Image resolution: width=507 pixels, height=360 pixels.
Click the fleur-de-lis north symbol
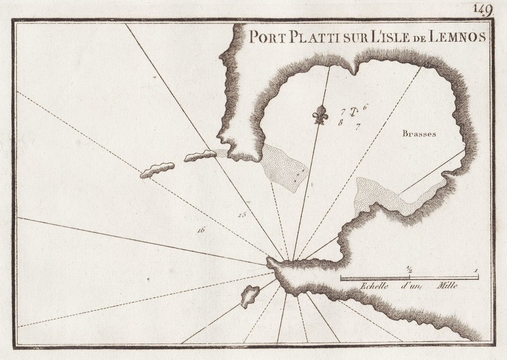pos(320,115)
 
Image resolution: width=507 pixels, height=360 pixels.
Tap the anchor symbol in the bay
pos(355,111)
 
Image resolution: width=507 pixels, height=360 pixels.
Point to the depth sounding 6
pos(365,107)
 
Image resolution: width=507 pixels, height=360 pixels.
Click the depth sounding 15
pos(242,214)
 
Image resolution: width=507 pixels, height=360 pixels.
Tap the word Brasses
pos(419,134)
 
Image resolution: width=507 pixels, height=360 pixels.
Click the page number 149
pos(483,9)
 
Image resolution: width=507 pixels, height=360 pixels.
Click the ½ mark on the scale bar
pos(409,271)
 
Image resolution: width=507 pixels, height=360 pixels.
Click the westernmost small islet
pos(157,170)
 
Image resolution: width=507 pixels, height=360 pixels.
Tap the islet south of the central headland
pos(250,296)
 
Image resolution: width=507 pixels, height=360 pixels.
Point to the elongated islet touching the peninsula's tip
pos(200,156)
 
